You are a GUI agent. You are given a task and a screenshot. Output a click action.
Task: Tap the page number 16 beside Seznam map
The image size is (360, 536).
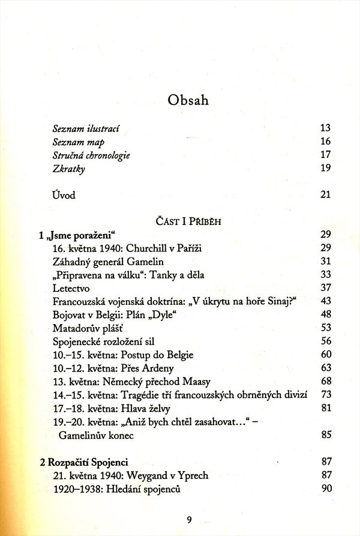326,142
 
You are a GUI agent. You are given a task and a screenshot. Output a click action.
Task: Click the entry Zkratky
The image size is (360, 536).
69,169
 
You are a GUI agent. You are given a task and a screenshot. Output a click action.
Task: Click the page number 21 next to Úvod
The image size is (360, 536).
326,195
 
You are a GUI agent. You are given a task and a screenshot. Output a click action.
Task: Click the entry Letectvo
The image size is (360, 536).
70,288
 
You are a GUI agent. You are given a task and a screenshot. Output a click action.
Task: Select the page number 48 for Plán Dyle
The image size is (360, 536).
326,314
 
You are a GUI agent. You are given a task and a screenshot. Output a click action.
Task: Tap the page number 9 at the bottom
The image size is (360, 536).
188,520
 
